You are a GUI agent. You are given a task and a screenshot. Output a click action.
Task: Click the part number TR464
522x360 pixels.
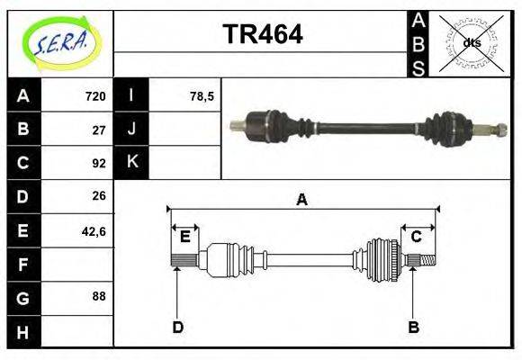click(262, 34)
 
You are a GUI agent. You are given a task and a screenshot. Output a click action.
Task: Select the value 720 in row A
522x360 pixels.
click(95, 96)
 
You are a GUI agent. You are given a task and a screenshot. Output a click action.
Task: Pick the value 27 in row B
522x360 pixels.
click(99, 130)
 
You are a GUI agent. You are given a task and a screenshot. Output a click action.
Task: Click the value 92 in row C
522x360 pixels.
click(99, 163)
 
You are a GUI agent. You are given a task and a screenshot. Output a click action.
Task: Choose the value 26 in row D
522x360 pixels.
click(99, 195)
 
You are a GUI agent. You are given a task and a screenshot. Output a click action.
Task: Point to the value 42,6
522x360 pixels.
click(94, 230)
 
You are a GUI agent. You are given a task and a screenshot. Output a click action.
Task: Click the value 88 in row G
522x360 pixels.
click(99, 295)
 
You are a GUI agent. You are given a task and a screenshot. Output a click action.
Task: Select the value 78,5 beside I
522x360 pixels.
click(202, 96)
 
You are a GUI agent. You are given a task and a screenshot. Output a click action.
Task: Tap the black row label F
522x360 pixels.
click(22, 264)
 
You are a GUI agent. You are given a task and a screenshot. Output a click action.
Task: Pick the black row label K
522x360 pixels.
click(131, 163)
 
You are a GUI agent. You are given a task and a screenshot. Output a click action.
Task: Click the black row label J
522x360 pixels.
click(131, 130)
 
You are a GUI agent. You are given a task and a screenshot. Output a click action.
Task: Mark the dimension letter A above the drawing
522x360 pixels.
click(302, 200)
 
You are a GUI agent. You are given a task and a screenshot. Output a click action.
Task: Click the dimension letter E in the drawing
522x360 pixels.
click(184, 237)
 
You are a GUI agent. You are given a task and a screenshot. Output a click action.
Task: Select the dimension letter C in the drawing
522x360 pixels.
click(416, 237)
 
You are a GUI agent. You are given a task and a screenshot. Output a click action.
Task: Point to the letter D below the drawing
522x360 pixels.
click(178, 327)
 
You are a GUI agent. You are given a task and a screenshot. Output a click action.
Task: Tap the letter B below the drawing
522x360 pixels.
click(413, 327)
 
